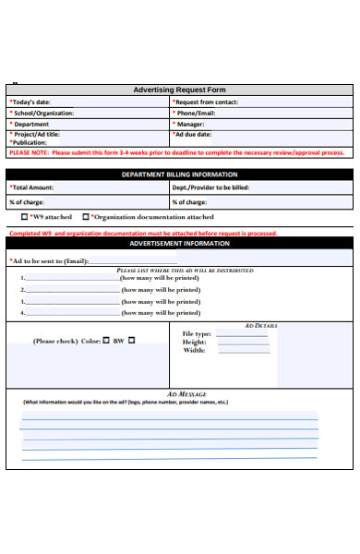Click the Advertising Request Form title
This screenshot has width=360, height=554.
(x=179, y=90)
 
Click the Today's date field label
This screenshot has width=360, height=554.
(x=30, y=102)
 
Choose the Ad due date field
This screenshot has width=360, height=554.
(x=197, y=134)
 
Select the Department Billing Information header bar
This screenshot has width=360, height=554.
(x=179, y=174)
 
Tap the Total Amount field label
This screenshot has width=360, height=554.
(x=32, y=187)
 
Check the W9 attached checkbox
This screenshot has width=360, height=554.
(x=25, y=217)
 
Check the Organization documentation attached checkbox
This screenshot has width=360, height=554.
(x=86, y=217)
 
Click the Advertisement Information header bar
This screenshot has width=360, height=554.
(x=179, y=244)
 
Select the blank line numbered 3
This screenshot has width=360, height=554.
(x=72, y=301)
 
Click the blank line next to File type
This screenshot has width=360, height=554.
(x=243, y=334)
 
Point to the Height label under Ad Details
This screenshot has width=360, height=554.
(x=194, y=342)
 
